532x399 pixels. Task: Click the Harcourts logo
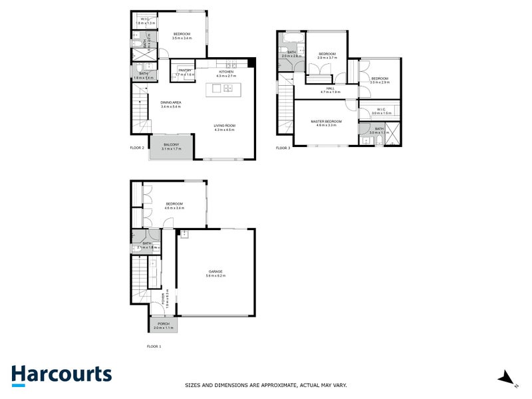(x=61, y=374)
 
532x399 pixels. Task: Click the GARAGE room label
(x=215, y=271)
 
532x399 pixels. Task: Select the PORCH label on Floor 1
(x=164, y=324)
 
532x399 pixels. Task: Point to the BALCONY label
(x=172, y=144)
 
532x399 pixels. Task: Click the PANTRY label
(x=184, y=70)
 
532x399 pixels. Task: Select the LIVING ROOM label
(x=225, y=126)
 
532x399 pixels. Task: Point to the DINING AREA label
(x=171, y=102)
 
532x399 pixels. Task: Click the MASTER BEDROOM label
(x=326, y=121)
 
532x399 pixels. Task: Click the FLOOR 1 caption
(x=154, y=346)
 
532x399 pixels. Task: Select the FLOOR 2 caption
(x=138, y=148)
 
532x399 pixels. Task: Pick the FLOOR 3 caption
(x=283, y=148)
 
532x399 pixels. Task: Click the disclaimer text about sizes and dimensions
(x=265, y=385)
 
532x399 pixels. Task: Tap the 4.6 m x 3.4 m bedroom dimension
(x=174, y=208)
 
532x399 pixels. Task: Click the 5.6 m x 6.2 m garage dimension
(x=215, y=276)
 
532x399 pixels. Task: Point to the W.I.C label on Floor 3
(x=381, y=109)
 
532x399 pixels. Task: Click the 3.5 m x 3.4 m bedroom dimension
(x=182, y=39)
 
